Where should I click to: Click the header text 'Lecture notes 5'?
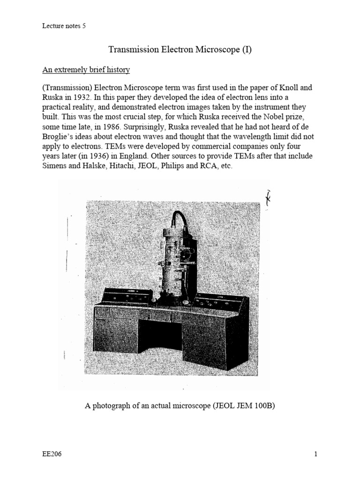64,26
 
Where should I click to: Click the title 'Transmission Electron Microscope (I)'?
180,50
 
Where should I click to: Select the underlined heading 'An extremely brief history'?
86,70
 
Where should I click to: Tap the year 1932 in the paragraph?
83,97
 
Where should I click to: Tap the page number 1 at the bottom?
316,454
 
